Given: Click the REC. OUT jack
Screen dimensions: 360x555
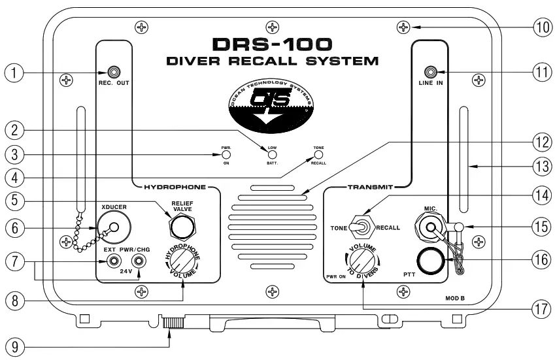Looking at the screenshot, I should tap(114, 72).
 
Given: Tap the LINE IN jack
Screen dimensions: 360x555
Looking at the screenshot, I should tap(431, 72).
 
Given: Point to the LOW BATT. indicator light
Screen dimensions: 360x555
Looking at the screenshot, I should tap(271, 155).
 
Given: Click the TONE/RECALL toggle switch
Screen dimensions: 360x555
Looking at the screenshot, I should tap(356, 227).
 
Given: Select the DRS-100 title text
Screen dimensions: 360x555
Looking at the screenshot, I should tap(273, 45).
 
